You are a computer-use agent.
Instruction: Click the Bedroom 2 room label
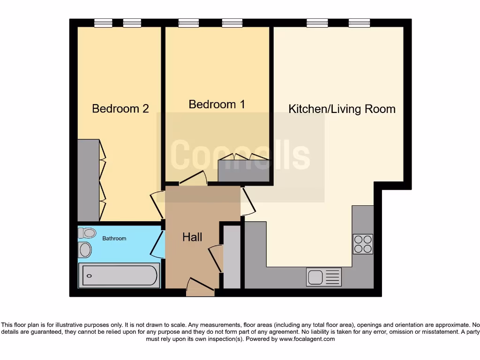click(x=120, y=109)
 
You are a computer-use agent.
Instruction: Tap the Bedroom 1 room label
click(x=217, y=104)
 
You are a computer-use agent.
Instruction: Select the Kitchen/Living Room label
click(x=342, y=109)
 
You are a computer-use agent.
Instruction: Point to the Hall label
click(x=192, y=237)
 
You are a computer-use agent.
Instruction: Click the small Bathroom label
click(x=114, y=239)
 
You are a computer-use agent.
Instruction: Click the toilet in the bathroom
click(x=86, y=232)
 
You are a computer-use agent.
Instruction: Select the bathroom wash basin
click(x=85, y=250)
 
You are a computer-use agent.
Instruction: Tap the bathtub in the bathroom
click(x=120, y=276)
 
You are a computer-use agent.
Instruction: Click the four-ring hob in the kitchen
click(x=363, y=244)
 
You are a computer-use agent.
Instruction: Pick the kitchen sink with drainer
click(x=324, y=277)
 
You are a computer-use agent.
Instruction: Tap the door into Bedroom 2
click(x=156, y=205)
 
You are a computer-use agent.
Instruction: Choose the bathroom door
click(x=157, y=244)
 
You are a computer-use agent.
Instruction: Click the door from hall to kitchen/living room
click(x=247, y=202)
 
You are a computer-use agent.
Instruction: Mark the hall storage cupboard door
click(x=216, y=258)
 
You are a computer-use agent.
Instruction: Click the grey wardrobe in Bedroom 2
click(x=88, y=180)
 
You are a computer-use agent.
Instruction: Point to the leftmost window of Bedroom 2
click(x=103, y=23)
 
